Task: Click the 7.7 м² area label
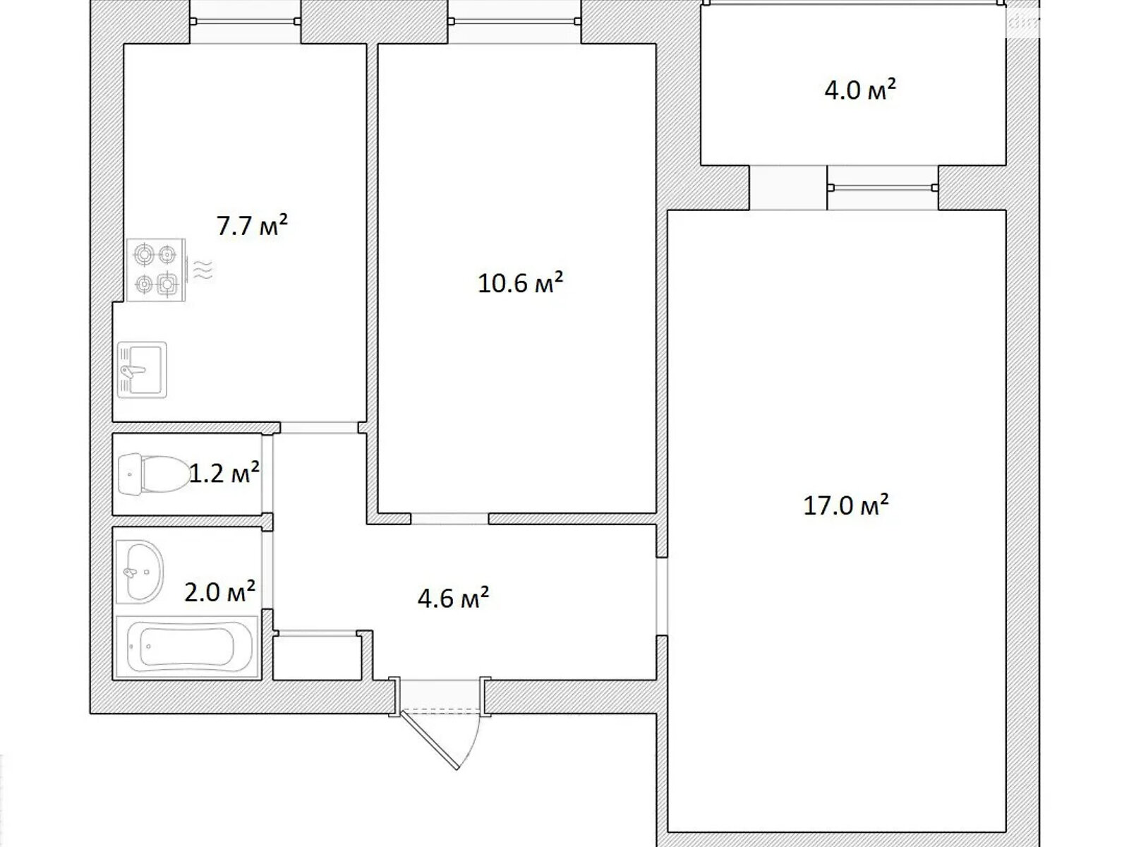pos(252,225)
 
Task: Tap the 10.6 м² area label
pos(521,282)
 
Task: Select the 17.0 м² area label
pos(846,505)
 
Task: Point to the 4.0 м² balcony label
pos(860,90)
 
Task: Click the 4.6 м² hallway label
pos(453,598)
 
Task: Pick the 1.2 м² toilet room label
pos(224,473)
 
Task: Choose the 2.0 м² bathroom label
pos(219,591)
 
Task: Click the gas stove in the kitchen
pos(156,270)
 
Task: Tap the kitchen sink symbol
pos(142,370)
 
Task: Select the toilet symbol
pos(155,474)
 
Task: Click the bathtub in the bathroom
pos(187,647)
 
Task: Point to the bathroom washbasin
pos(140,571)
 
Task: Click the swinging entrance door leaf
pos(430,740)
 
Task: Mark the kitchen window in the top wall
pos(246,21)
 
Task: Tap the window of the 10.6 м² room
pos(514,21)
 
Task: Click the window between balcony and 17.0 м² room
pos(883,188)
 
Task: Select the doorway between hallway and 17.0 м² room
pos(662,596)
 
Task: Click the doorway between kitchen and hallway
pos(319,427)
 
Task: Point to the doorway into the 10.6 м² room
pos(449,518)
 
